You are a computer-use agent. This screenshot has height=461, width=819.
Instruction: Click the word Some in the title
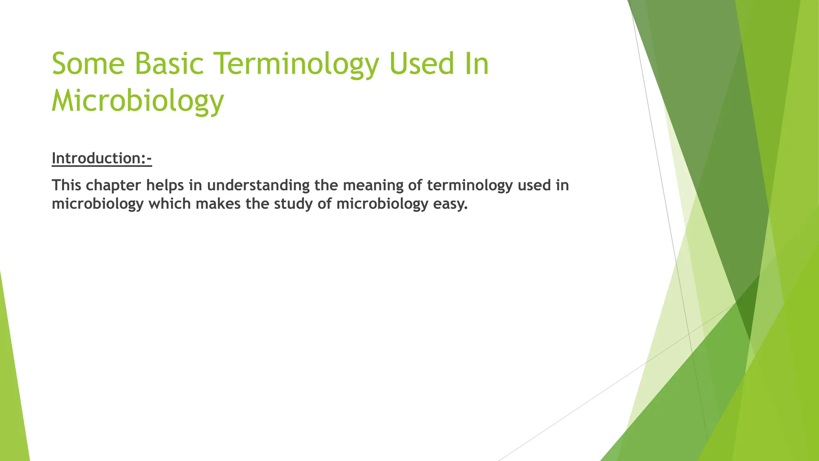point(88,64)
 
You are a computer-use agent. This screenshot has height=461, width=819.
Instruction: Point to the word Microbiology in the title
point(138,101)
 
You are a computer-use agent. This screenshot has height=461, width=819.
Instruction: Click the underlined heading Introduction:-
point(102,158)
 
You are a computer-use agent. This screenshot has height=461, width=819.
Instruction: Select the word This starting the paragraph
point(66,185)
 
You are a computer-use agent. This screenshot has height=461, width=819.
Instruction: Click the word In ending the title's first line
point(479,64)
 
